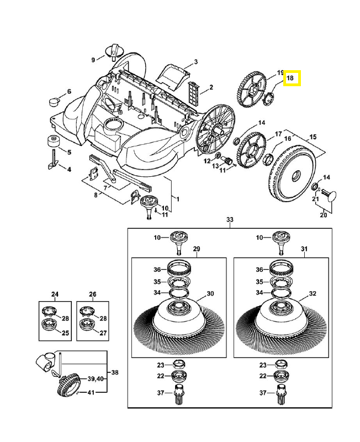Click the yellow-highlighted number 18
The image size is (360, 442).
(x=291, y=78)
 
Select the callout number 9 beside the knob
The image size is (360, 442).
(x=93, y=59)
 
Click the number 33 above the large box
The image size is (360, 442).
(x=230, y=220)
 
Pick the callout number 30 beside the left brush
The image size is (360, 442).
(x=210, y=293)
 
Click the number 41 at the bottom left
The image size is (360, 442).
(x=92, y=392)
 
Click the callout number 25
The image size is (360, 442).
(x=65, y=333)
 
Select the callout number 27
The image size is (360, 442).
(x=103, y=333)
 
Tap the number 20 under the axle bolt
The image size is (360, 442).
(x=323, y=215)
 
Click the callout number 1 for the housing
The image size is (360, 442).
(x=178, y=197)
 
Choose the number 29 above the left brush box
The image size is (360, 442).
(x=196, y=250)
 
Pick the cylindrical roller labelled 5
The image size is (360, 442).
(x=54, y=140)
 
